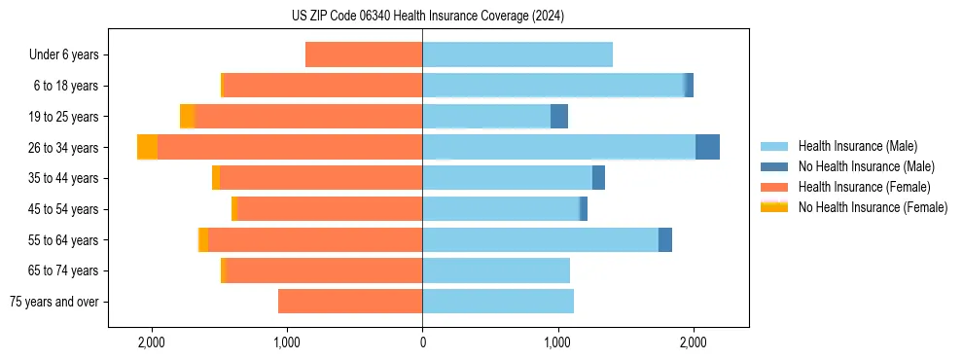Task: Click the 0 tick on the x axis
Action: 422,342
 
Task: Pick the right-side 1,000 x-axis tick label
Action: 557,342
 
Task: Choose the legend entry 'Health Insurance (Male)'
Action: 857,146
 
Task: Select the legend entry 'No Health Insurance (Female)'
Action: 873,207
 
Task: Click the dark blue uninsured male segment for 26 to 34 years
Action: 707,147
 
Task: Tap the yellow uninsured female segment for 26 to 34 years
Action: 147,147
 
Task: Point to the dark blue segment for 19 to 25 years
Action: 559,117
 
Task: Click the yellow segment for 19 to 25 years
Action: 187,117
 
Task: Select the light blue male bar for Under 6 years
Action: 517,55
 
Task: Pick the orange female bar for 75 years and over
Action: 350,302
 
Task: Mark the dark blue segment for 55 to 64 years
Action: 665,240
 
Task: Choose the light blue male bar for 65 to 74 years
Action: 496,270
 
